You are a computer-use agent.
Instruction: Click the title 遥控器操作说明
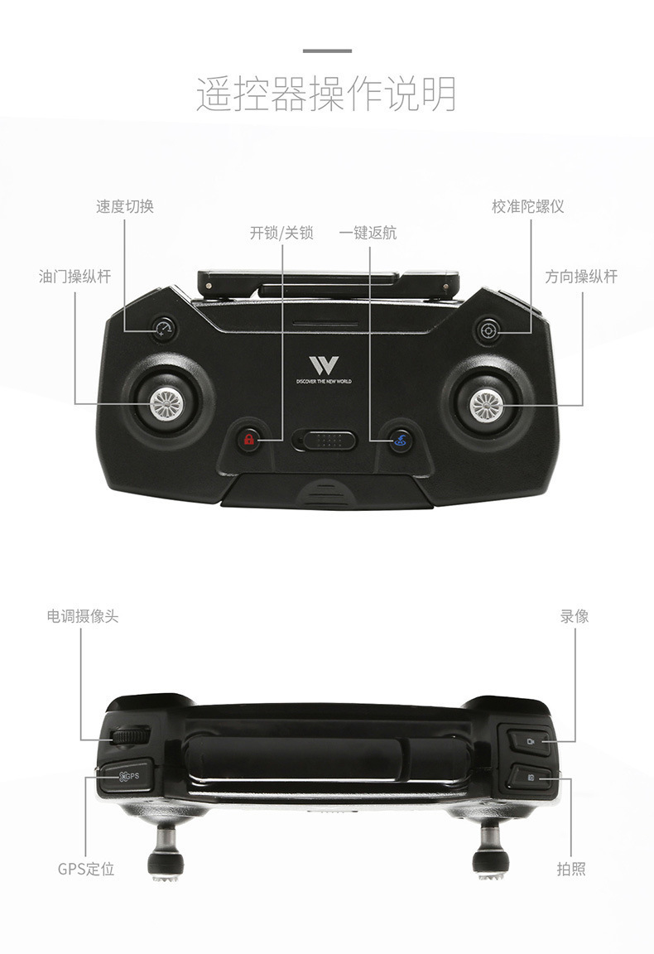pyautogui.click(x=326, y=94)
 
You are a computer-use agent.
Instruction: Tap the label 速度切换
pyautogui.click(x=125, y=206)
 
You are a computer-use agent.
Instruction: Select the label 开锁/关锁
pyautogui.click(x=281, y=233)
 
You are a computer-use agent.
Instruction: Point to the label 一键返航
pyautogui.click(x=368, y=233)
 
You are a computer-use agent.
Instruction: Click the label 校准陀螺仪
pyautogui.click(x=527, y=206)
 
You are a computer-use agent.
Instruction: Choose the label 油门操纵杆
pyautogui.click(x=75, y=277)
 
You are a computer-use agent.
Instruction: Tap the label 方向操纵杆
pyautogui.click(x=580, y=277)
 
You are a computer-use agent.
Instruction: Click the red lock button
pyautogui.click(x=248, y=440)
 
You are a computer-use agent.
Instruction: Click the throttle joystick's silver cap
pyautogui.click(x=166, y=403)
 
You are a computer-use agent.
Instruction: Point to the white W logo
pyautogui.click(x=324, y=365)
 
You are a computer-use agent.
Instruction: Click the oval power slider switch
pyautogui.click(x=325, y=440)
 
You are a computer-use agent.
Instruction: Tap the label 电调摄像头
pyautogui.click(x=82, y=617)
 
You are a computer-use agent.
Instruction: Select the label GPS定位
pyautogui.click(x=86, y=869)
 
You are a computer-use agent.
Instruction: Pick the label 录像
pyautogui.click(x=574, y=617)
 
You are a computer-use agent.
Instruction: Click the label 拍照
pyautogui.click(x=571, y=869)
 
